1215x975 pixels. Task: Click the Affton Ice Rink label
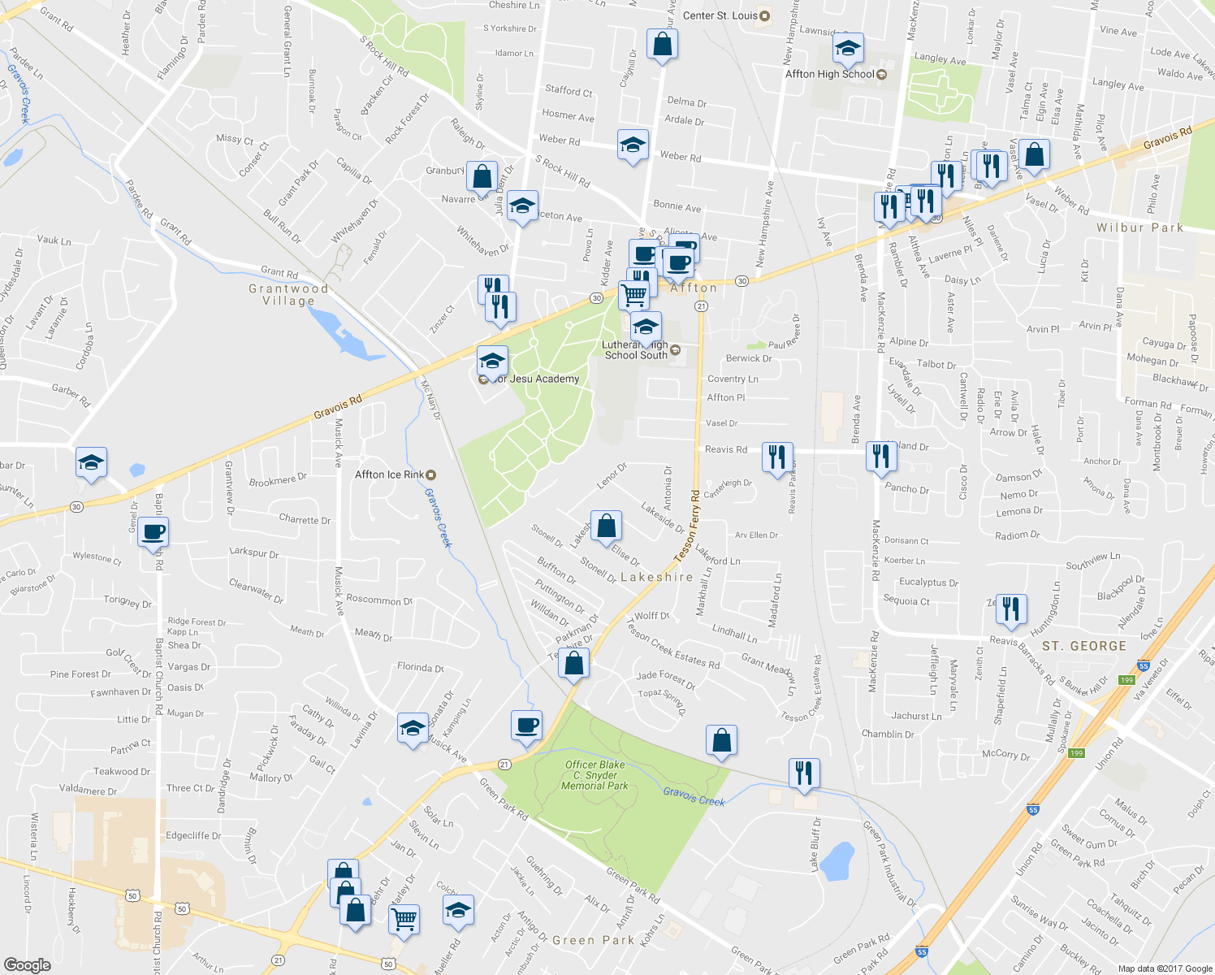point(390,474)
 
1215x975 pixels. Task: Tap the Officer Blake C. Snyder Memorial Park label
point(595,775)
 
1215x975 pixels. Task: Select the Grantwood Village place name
point(288,295)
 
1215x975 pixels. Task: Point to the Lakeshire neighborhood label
point(656,577)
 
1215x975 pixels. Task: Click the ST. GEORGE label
point(1084,646)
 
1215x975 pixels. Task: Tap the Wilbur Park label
point(1139,227)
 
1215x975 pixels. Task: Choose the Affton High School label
point(830,74)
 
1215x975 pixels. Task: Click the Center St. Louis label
point(720,15)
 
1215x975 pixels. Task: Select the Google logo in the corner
point(27,964)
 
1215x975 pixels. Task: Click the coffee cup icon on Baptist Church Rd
point(153,532)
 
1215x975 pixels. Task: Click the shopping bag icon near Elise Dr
point(606,526)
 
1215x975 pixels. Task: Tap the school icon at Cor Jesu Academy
point(492,361)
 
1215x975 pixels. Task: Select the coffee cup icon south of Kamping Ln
point(526,724)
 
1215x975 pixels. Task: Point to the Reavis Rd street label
point(726,449)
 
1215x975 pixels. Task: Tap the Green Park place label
point(593,940)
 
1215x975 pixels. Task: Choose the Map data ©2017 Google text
point(1165,968)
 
